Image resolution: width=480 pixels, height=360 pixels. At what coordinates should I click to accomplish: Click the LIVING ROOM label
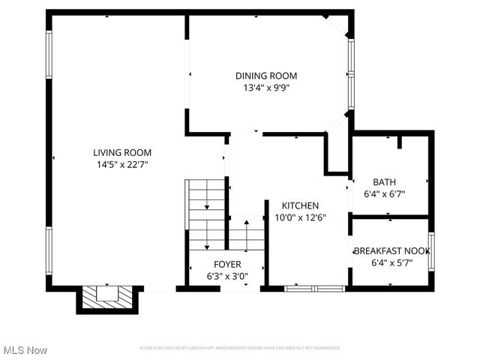tap(117, 152)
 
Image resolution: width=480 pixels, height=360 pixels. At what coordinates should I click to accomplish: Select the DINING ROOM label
tap(266, 76)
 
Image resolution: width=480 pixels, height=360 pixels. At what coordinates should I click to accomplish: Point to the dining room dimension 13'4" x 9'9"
tap(266, 88)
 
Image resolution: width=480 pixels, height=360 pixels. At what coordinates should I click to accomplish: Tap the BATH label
tap(385, 181)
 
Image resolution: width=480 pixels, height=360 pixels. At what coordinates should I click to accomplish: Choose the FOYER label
tap(227, 264)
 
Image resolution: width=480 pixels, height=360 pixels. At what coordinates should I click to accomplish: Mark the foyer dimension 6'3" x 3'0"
tap(227, 275)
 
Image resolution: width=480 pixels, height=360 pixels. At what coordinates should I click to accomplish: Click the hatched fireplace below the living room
tap(106, 297)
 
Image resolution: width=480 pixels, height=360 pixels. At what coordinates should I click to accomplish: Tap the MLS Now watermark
tap(25, 350)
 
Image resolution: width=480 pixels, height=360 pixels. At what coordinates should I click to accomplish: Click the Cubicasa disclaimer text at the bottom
tap(240, 348)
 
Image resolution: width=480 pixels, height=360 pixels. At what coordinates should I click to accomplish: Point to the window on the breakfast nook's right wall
tap(431, 251)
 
